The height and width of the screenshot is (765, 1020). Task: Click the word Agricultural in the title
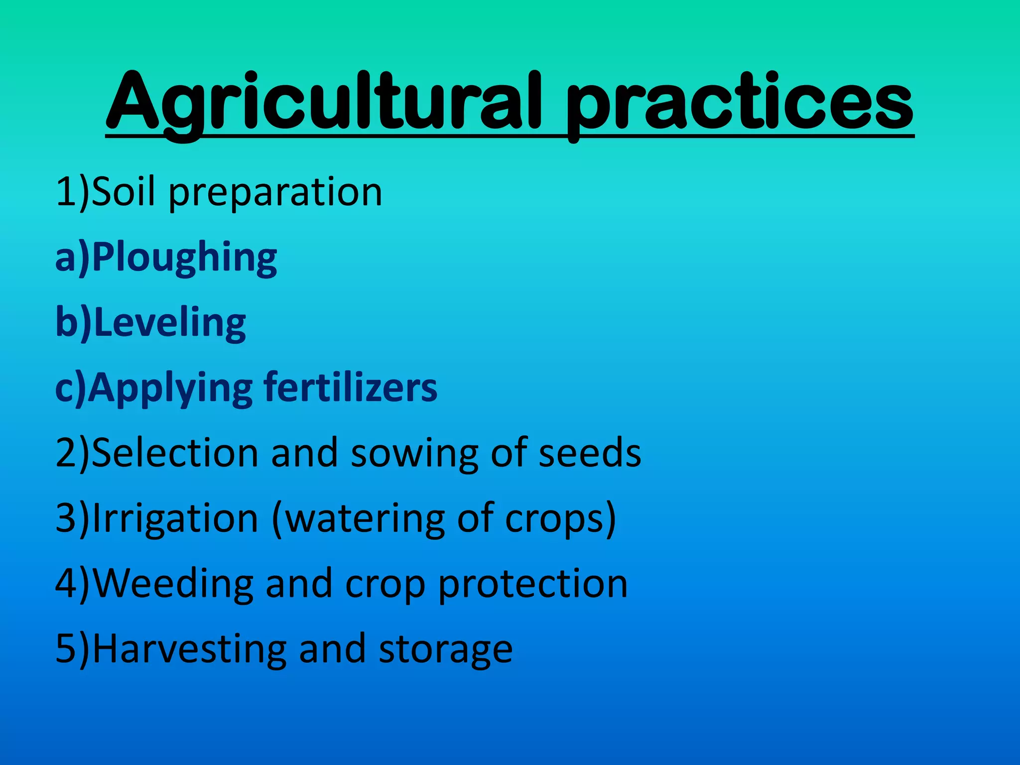(324, 102)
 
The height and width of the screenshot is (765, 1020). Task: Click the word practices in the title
(740, 102)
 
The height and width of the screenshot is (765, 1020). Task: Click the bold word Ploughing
(184, 258)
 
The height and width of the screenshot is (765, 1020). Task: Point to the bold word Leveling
(169, 323)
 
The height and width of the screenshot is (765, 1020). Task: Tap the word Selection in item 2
(174, 453)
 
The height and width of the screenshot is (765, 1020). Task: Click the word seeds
(590, 453)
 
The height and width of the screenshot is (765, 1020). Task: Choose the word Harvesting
(189, 649)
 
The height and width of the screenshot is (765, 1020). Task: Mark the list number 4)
(72, 584)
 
